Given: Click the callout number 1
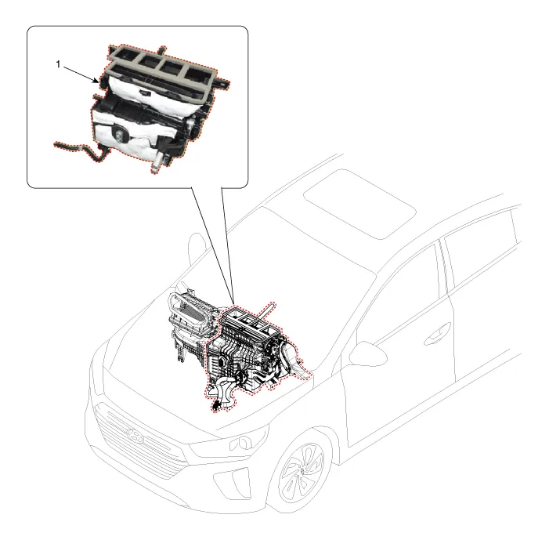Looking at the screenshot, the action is (x=58, y=64).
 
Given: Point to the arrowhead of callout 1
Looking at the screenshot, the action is (x=96, y=82).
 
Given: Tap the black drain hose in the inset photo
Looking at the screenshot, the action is (x=81, y=150).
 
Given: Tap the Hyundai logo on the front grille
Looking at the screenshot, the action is (x=135, y=435).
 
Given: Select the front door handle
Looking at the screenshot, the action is (x=437, y=334).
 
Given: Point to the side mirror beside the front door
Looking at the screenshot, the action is (x=367, y=354).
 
